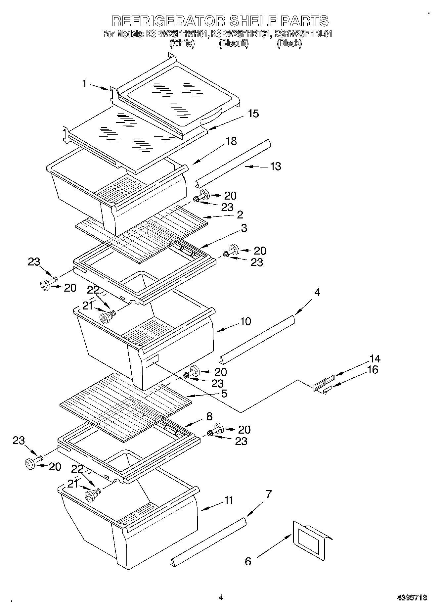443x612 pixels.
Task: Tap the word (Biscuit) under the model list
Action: coord(234,43)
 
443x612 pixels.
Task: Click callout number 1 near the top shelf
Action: coord(85,83)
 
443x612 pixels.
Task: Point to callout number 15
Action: coord(253,114)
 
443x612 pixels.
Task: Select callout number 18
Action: coord(231,141)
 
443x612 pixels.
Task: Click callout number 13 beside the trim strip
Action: coord(276,166)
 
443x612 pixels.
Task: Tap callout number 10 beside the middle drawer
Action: coord(245,321)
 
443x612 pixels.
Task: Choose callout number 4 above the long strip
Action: coord(317,292)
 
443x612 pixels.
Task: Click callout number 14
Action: coord(375,359)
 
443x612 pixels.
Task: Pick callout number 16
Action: coord(373,370)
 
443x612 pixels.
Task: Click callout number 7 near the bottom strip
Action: coord(268,494)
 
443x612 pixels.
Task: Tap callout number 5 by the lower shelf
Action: coord(224,394)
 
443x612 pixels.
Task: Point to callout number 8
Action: coord(209,416)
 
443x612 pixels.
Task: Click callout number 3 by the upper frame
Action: coord(244,228)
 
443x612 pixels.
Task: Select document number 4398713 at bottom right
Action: coord(412,597)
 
